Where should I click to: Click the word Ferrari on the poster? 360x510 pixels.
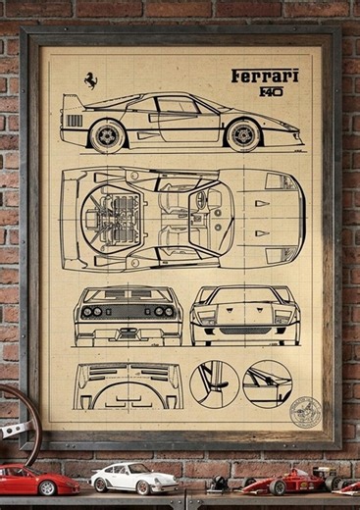tap(265, 76)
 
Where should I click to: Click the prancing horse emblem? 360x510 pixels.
tap(90, 81)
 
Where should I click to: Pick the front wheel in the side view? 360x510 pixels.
tap(242, 134)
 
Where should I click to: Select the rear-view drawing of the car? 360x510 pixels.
tap(128, 316)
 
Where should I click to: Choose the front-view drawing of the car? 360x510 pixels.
tap(245, 316)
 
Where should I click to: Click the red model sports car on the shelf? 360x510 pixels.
tap(36, 480)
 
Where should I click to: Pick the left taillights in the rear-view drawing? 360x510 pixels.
tap(93, 311)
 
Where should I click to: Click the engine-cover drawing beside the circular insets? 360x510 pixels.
tap(129, 385)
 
